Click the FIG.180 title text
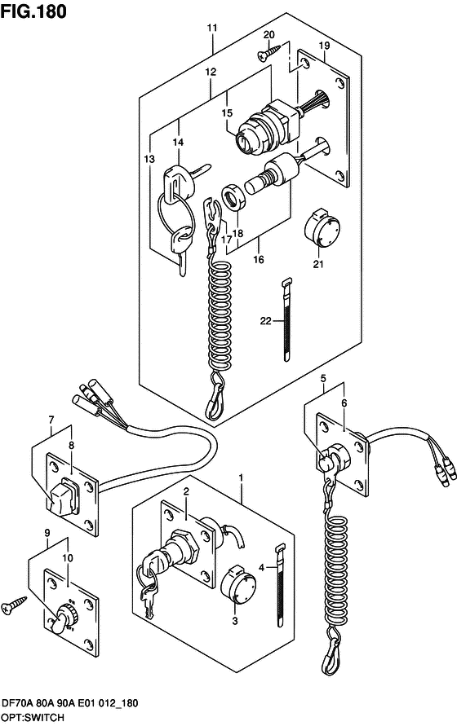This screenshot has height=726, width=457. pyautogui.click(x=33, y=11)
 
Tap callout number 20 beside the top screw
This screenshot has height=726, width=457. pyautogui.click(x=269, y=35)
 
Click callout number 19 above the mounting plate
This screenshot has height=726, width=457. pyautogui.click(x=324, y=46)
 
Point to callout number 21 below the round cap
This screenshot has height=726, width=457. pyautogui.click(x=318, y=264)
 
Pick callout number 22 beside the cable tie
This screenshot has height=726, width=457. pyautogui.click(x=265, y=320)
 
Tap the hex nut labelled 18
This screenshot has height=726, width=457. pyautogui.click(x=233, y=197)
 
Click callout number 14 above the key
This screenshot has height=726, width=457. pyautogui.click(x=178, y=142)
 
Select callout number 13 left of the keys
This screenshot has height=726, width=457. pyautogui.click(x=149, y=159)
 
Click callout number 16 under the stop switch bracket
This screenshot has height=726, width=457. pyautogui.click(x=259, y=259)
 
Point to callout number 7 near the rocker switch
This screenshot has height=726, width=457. pyautogui.click(x=51, y=420)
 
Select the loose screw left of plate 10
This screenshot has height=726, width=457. pyautogui.click(x=14, y=605)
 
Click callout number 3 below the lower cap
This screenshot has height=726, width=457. pyautogui.click(x=235, y=621)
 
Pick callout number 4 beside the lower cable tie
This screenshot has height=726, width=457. pyautogui.click(x=262, y=567)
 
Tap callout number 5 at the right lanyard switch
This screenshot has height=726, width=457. pyautogui.click(x=323, y=379)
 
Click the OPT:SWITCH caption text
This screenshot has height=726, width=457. pyautogui.click(x=33, y=718)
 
